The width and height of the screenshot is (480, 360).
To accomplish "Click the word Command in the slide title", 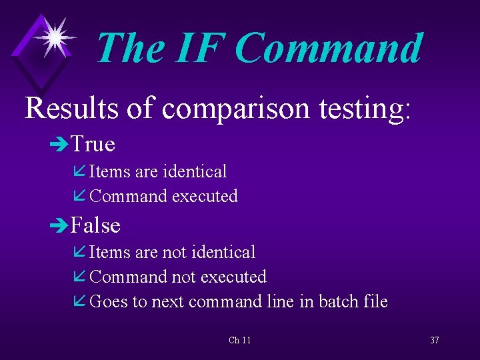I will pos(329,48).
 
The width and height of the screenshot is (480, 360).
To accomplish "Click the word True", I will pos(93,144).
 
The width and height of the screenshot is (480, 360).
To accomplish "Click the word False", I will pos(95,225).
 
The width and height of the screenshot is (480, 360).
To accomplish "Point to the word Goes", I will pos(108,302).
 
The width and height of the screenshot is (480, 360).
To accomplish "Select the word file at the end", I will pos(375,301).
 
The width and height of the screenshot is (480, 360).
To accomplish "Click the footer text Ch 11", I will pos(239,340).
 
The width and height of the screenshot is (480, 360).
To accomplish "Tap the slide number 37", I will pos(434,340).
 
